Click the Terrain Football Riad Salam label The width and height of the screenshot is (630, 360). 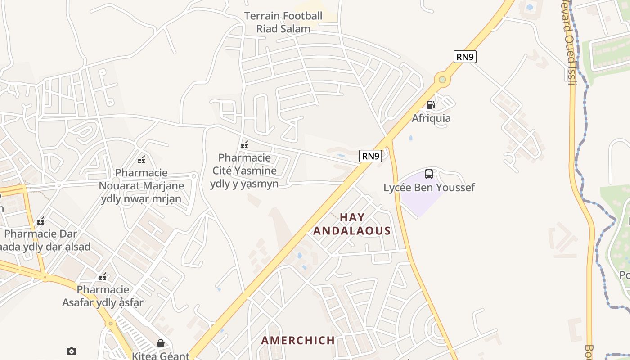[283, 22]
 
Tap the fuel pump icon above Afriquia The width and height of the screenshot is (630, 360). [431, 105]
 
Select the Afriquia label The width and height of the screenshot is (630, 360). [431, 118]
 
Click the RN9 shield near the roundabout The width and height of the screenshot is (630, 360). [465, 57]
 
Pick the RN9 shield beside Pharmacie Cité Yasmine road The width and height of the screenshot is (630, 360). [371, 156]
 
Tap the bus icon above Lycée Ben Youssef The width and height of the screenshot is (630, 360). [429, 174]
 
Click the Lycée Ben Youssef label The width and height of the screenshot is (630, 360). [429, 188]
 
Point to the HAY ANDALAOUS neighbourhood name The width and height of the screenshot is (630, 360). [352, 224]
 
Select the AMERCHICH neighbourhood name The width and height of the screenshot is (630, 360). [298, 340]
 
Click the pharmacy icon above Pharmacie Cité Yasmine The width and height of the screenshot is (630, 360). [244, 145]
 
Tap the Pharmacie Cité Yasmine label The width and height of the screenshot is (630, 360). [244, 171]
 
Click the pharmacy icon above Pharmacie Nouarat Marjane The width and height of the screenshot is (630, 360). [141, 160]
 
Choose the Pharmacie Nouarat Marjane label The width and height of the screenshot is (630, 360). [141, 185]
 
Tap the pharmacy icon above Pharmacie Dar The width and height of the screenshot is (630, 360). [40, 221]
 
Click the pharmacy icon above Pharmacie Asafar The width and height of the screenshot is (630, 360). [103, 277]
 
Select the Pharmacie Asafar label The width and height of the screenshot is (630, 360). [103, 296]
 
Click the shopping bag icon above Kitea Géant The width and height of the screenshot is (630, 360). [160, 343]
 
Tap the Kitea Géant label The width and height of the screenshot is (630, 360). [160, 356]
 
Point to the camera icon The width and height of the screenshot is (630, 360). [71, 351]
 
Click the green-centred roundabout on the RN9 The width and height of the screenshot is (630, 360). [442, 80]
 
